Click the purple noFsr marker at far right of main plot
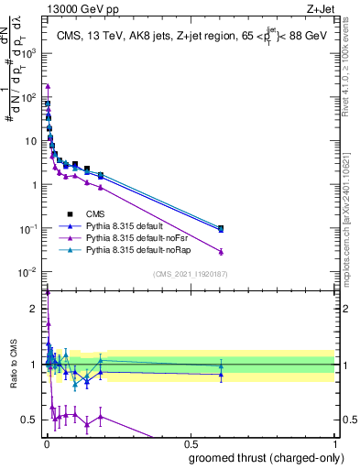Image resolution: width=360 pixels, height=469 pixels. coord(221,251)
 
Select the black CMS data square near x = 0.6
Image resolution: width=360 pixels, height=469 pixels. coord(221,228)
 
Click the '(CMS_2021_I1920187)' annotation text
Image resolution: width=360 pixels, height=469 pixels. coord(190,273)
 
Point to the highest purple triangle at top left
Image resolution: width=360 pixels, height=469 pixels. coord(47,86)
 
